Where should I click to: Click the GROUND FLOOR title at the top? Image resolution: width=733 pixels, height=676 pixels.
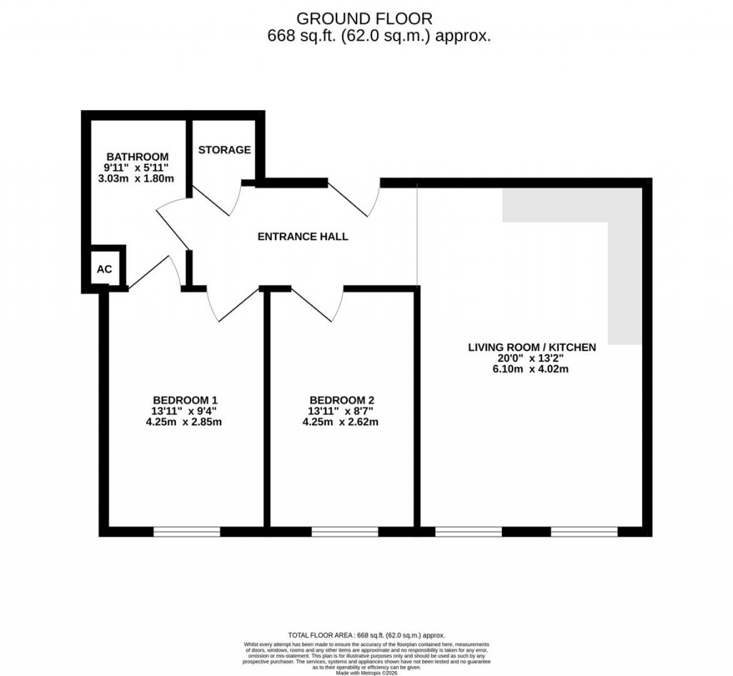364,19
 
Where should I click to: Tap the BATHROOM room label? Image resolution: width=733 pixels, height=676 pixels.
137,157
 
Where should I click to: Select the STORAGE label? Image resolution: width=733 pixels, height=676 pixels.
224,150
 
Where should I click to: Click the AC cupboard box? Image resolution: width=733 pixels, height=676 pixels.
105,269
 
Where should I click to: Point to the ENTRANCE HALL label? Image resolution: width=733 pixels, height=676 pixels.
303,236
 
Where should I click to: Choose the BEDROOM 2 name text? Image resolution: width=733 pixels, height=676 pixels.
341,399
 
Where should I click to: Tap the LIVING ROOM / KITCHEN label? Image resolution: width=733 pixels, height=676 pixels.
531,347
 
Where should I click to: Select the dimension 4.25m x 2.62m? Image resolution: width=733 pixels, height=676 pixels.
341,422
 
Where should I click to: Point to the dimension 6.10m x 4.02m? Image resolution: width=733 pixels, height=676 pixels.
531,369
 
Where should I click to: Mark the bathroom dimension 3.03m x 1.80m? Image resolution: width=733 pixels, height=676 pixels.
136,178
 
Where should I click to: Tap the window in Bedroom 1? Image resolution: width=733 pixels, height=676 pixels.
186,532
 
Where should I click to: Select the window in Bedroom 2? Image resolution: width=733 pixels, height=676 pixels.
344,532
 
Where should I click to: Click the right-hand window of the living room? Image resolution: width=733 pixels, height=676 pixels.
583,532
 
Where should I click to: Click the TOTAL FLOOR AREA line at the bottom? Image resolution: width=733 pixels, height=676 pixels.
366,635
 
